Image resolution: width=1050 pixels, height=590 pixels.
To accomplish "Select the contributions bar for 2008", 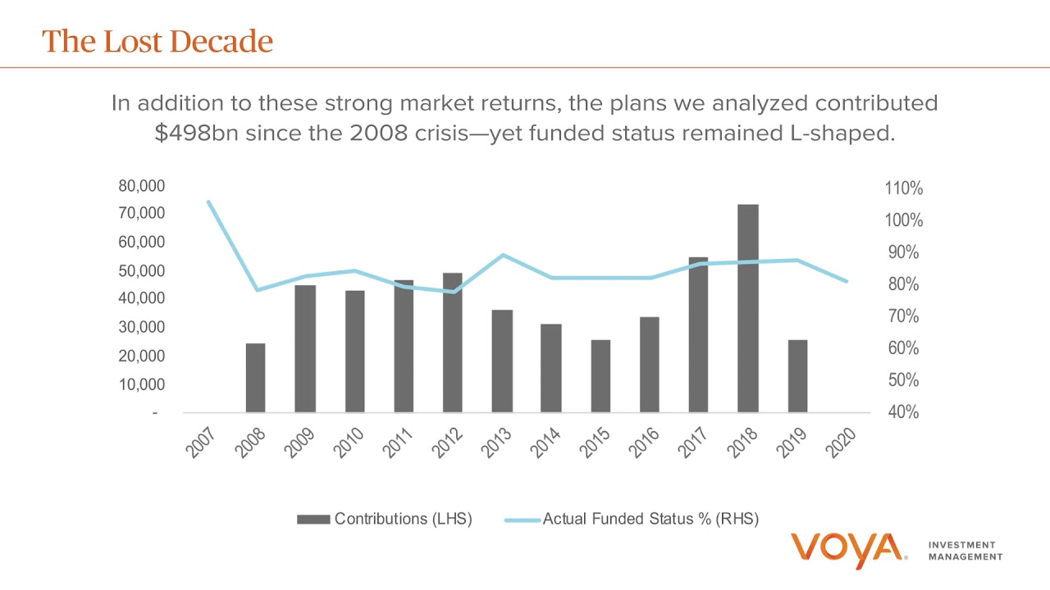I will (x=255, y=378).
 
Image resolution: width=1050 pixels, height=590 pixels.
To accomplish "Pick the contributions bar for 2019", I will (x=797, y=376).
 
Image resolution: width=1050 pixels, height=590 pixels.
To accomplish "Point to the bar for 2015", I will (x=600, y=376).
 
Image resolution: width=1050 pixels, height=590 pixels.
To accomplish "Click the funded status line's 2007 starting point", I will (x=208, y=202).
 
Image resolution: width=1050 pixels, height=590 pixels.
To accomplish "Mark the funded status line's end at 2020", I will (x=847, y=281).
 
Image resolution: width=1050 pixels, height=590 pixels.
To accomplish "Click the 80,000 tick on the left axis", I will (x=141, y=186).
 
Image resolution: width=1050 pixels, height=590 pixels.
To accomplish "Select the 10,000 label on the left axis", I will (x=141, y=384).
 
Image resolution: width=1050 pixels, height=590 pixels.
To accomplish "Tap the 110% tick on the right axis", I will (x=903, y=189).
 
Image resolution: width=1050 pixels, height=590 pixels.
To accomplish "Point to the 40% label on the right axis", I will (x=903, y=412).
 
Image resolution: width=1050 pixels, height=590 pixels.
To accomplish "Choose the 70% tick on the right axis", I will (x=903, y=316).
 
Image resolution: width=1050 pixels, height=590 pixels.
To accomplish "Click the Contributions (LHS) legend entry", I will (x=384, y=519).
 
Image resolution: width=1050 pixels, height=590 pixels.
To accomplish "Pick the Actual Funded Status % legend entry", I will (x=632, y=519).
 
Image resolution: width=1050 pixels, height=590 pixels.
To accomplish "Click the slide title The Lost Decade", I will (x=157, y=41).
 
